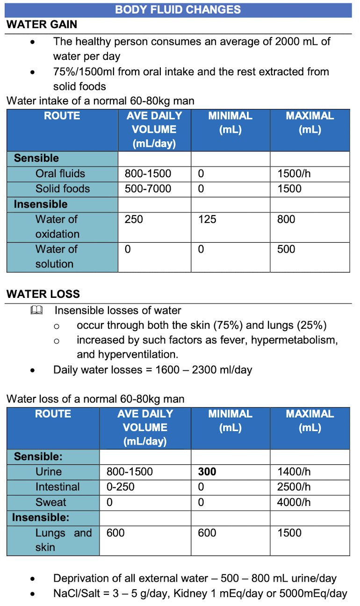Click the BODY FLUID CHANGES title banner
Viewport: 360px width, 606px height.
pyautogui.click(x=178, y=10)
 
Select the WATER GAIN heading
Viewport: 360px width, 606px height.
pyautogui.click(x=42, y=25)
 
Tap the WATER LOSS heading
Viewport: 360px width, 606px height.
pyautogui.click(x=43, y=294)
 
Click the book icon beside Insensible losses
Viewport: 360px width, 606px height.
pyautogui.click(x=36, y=310)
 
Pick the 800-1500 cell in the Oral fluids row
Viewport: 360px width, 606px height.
pyautogui.click(x=148, y=174)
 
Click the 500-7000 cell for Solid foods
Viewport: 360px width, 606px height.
pyautogui.click(x=148, y=189)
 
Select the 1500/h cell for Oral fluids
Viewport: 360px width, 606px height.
pyautogui.click(x=294, y=174)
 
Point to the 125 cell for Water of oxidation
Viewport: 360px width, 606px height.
pyautogui.click(x=207, y=219)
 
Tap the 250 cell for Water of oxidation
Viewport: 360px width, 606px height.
pyautogui.click(x=134, y=219)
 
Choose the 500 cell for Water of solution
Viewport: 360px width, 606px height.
pyautogui.click(x=286, y=249)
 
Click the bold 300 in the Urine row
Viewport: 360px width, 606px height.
pyautogui.click(x=207, y=472)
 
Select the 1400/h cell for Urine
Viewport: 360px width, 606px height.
pyautogui.click(x=294, y=472)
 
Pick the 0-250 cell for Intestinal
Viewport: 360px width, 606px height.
pyautogui.click(x=120, y=487)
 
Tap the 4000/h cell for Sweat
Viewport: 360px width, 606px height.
pyautogui.click(x=294, y=502)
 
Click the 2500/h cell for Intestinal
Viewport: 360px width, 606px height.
pyautogui.click(x=294, y=487)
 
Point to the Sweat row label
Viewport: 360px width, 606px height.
pyautogui.click(x=50, y=502)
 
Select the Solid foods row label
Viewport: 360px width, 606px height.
pyautogui.click(x=63, y=189)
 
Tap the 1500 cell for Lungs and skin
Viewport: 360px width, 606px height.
pyautogui.click(x=289, y=533)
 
